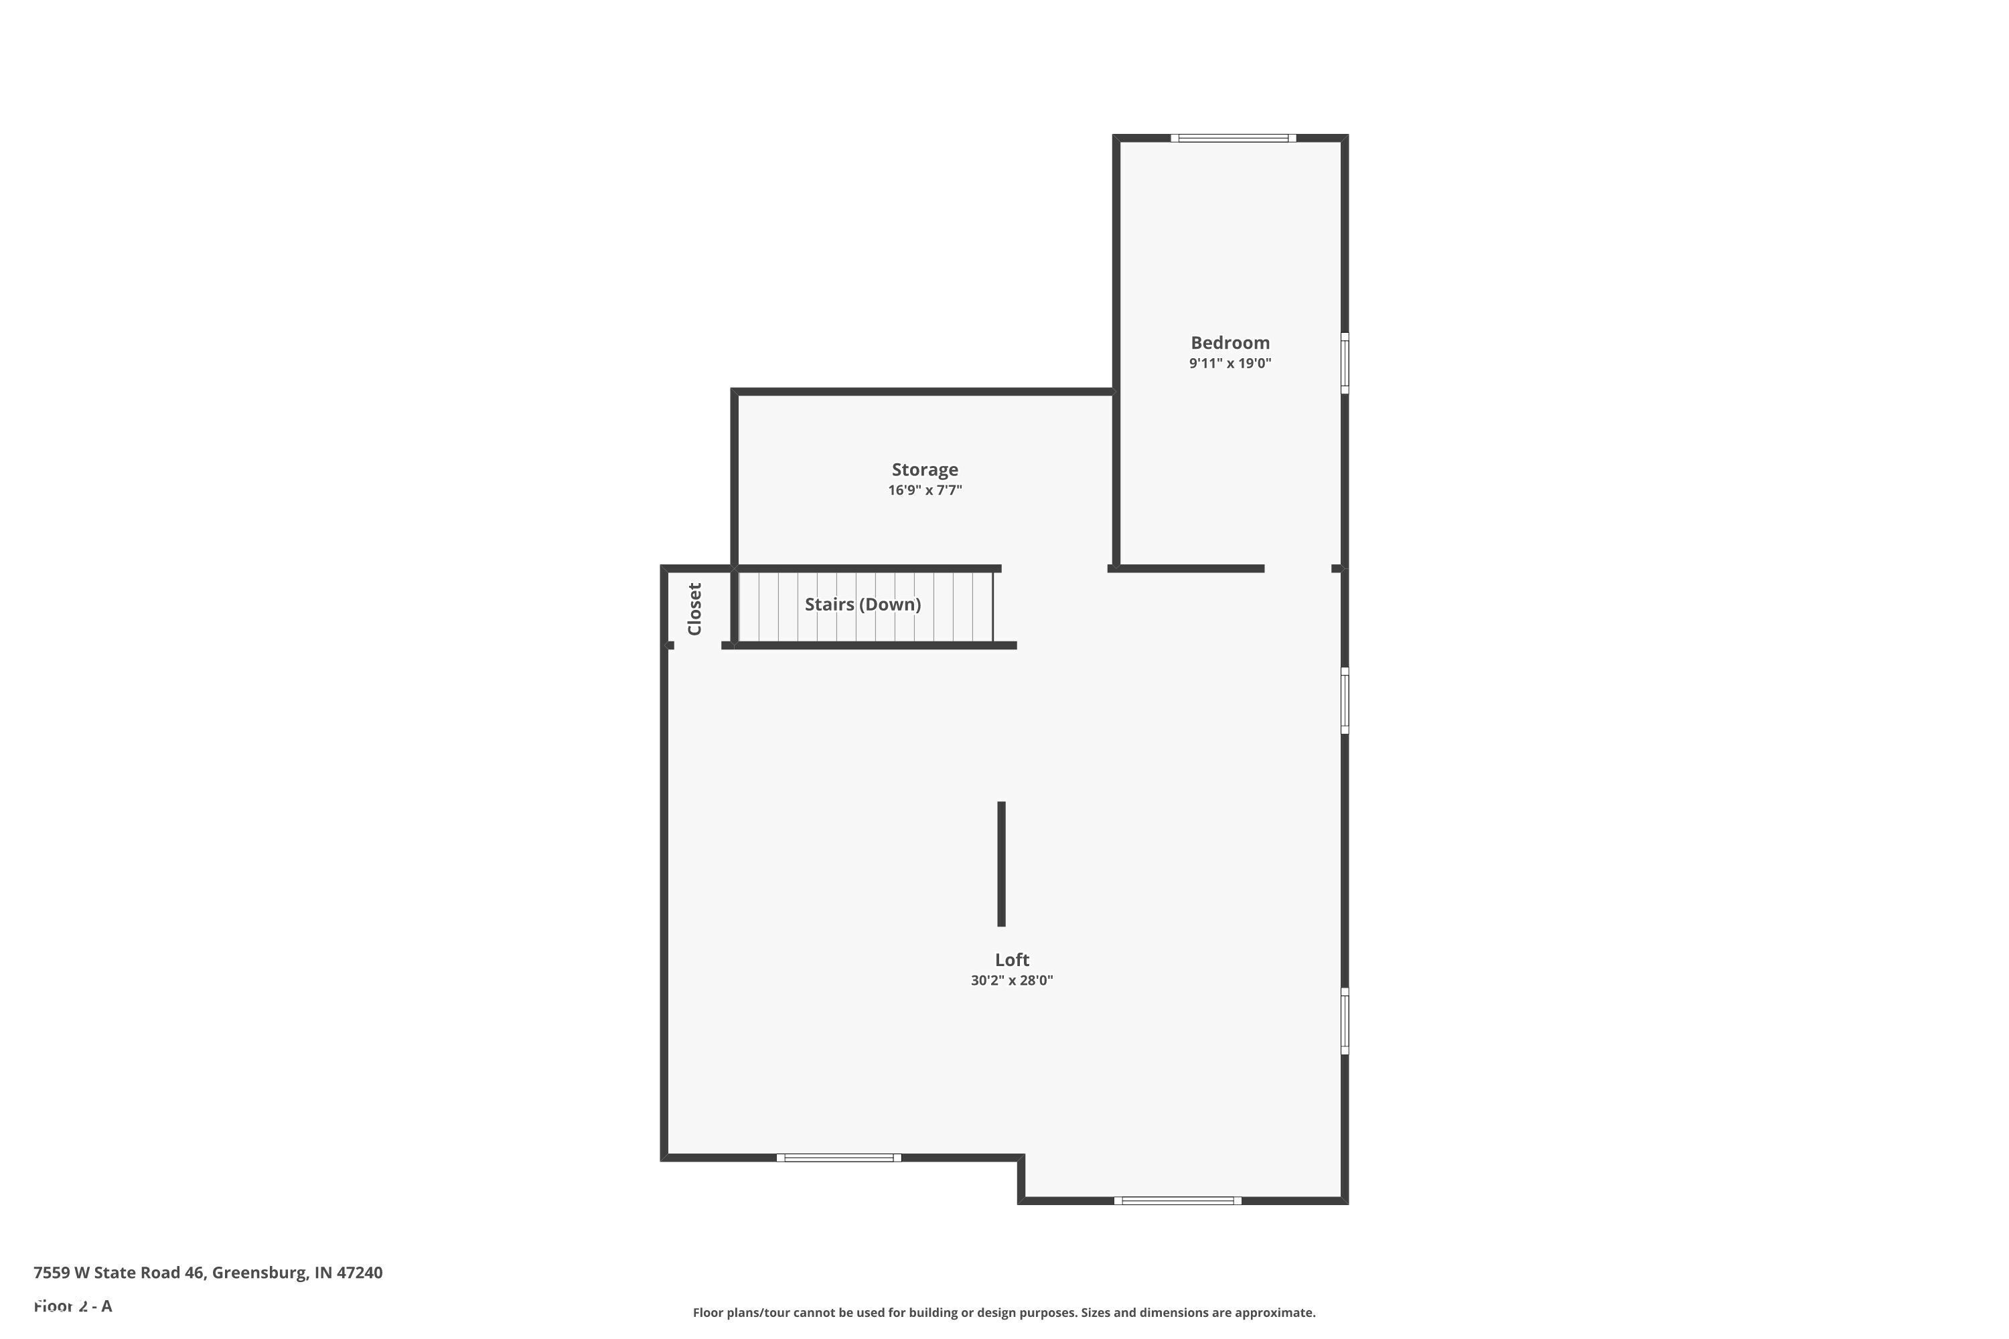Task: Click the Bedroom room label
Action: pyautogui.click(x=1230, y=342)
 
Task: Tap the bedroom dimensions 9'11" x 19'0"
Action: pyautogui.click(x=1230, y=363)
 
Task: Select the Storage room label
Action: pyautogui.click(x=924, y=470)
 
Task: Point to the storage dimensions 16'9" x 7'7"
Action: pyautogui.click(x=924, y=490)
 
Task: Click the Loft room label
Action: pyautogui.click(x=1011, y=960)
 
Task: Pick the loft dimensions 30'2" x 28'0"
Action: pyautogui.click(x=1011, y=980)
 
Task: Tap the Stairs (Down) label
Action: pyautogui.click(x=863, y=605)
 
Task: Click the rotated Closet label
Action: pyautogui.click(x=694, y=609)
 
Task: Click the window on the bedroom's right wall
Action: pyautogui.click(x=1345, y=363)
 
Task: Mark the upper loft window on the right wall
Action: pyautogui.click(x=1345, y=700)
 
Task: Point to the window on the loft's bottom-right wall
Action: pyautogui.click(x=1177, y=1200)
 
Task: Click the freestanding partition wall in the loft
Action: pyautogui.click(x=1001, y=864)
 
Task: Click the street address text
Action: pyautogui.click(x=208, y=1273)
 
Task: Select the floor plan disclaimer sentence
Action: pyautogui.click(x=1004, y=1312)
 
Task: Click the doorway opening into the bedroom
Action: pyautogui.click(x=1298, y=568)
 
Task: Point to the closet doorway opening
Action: pyautogui.click(x=698, y=645)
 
